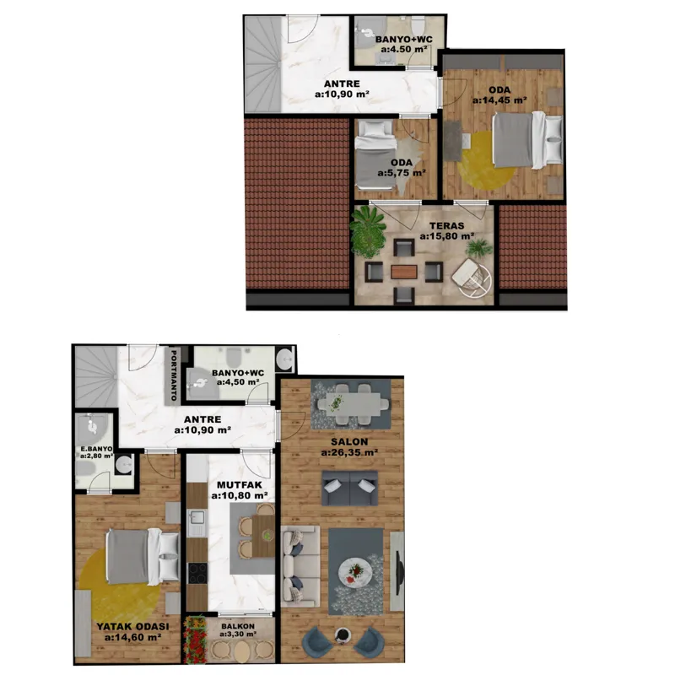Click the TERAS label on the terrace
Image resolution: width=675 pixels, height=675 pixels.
(446, 225)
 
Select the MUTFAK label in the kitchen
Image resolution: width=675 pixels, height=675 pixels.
(240, 484)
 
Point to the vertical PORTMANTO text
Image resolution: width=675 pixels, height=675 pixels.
(174, 375)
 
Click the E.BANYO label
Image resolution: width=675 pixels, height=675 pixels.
(97, 449)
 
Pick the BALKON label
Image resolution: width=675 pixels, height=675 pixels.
(238, 626)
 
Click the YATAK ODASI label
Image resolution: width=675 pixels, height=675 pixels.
(132, 627)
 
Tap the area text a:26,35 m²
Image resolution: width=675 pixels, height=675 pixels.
(349, 452)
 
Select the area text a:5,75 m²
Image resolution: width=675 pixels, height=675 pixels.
(402, 173)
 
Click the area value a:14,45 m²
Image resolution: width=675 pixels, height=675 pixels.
(499, 100)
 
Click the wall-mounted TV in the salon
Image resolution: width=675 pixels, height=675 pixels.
(400, 571)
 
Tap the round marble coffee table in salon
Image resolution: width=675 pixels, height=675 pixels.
(355, 572)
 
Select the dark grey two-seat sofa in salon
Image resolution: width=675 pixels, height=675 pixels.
(349, 489)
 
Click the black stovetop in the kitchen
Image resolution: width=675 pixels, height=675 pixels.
(197, 573)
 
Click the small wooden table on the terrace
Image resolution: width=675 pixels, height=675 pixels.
(404, 272)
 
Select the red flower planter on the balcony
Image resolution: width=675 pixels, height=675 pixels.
(196, 640)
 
